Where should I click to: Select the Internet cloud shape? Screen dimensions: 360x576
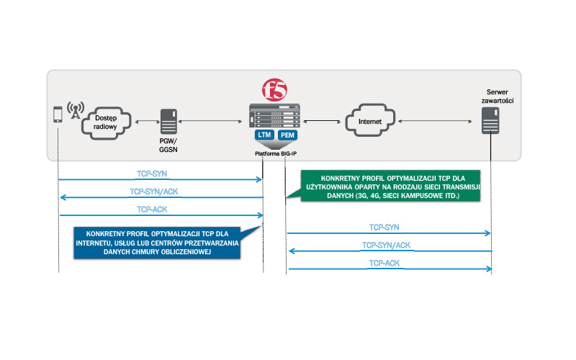click(x=370, y=122)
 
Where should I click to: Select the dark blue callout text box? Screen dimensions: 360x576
click(x=157, y=245)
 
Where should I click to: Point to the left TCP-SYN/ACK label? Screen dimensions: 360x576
click(x=161, y=192)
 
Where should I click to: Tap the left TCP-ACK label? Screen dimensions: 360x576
click(x=153, y=210)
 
